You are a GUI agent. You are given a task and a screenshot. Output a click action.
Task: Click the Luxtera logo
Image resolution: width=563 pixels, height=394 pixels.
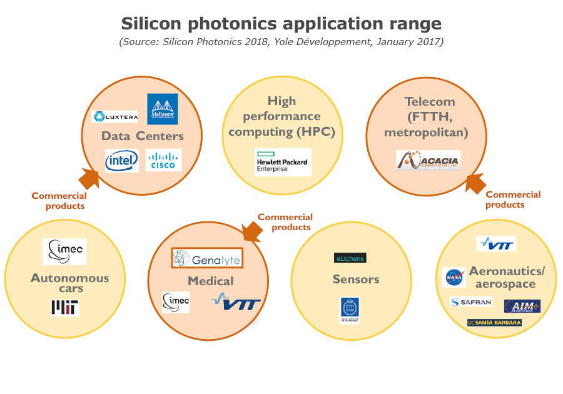(114, 116)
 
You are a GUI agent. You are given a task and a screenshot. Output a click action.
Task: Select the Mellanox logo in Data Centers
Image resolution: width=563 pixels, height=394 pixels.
(162, 109)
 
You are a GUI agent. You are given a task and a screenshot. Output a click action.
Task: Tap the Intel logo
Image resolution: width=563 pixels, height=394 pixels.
(122, 161)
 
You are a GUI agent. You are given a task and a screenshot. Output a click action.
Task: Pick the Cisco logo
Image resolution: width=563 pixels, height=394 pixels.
(163, 161)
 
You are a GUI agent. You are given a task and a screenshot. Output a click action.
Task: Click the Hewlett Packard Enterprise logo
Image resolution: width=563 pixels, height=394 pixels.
(282, 163)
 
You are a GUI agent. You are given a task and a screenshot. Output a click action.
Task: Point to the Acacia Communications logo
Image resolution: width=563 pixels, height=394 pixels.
(429, 161)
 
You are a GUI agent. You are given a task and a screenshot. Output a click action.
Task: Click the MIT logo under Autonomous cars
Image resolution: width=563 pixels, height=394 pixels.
(65, 306)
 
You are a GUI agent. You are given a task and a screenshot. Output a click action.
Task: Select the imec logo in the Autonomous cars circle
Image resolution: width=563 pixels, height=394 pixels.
(65, 251)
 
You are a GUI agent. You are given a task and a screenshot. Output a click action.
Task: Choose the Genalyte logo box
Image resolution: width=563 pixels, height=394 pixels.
(206, 258)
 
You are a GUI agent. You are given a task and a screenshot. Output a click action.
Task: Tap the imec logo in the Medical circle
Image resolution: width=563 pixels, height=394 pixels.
(176, 302)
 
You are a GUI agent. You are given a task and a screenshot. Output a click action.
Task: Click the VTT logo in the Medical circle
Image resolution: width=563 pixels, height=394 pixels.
(236, 303)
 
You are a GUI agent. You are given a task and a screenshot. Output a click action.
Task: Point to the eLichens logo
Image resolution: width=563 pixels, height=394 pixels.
(350, 258)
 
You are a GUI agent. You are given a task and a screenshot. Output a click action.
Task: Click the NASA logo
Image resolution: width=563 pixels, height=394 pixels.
(454, 277)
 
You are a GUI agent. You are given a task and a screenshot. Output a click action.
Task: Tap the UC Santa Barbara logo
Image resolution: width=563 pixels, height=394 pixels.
(494, 323)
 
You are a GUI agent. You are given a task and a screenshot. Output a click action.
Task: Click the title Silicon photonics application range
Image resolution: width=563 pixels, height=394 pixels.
(281, 24)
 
